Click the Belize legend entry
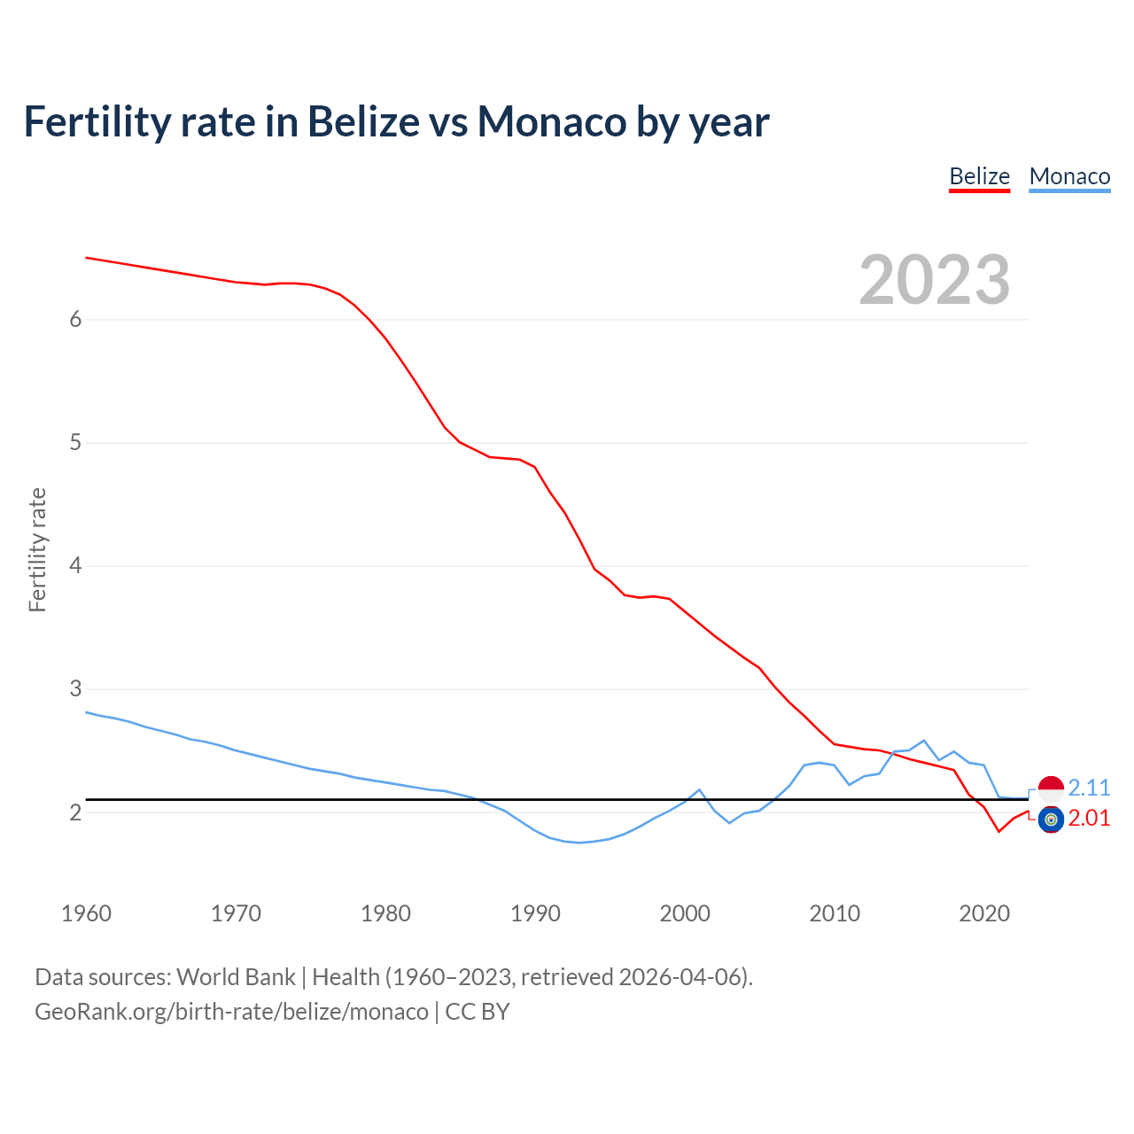pos(979,176)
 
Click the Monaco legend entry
pos(1069,176)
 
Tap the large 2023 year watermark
pos(934,280)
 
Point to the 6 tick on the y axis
pos(75,319)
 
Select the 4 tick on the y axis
pos(75,565)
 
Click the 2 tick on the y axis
pos(75,812)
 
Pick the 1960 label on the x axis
pos(86,913)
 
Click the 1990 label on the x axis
pos(535,913)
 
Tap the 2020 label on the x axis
pos(984,913)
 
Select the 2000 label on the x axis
pos(685,913)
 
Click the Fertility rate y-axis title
pos(37,549)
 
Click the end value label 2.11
pos(1089,788)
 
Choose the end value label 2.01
pos(1089,818)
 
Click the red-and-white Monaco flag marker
pos(1051,788)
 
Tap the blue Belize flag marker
pos(1051,819)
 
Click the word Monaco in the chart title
pos(552,121)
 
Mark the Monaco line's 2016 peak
pos(924,740)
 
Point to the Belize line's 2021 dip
pos(998,831)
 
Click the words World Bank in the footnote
pos(236,977)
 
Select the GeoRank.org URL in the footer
pos(231,1012)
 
